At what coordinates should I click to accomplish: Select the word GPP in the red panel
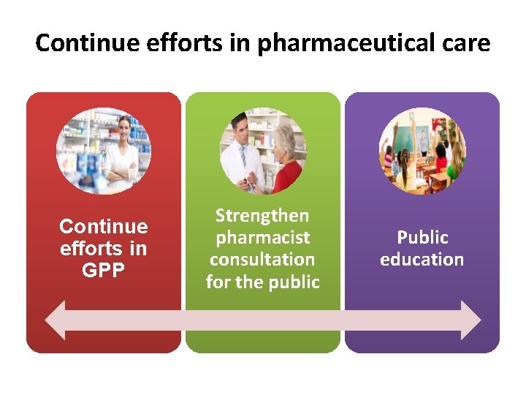coord(103,271)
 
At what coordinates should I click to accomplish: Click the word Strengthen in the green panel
coord(262,216)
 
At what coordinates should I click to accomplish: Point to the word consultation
coord(262,260)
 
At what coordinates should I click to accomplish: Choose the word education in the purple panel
coord(422,260)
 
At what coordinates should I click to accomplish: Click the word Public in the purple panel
coord(422,238)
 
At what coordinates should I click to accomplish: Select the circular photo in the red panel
coord(104,151)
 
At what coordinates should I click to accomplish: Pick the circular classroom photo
coord(422,151)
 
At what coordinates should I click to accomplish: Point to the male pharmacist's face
coord(240,131)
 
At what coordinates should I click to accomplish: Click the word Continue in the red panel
coord(103,227)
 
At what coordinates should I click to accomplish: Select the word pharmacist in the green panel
coord(262,238)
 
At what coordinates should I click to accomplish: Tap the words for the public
coord(262,282)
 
